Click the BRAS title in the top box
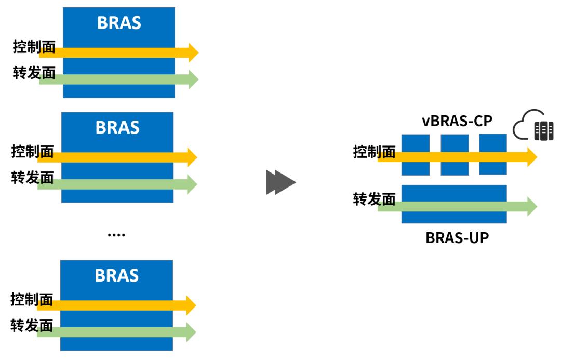click(x=119, y=23)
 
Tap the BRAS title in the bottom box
click(x=117, y=275)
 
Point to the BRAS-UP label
click(x=457, y=238)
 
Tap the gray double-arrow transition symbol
click(x=280, y=183)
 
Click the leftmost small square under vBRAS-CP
click(x=415, y=154)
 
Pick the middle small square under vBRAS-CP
click(x=455, y=154)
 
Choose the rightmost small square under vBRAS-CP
click(x=492, y=154)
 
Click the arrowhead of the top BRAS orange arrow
click(x=193, y=52)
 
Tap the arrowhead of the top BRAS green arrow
click(x=193, y=79)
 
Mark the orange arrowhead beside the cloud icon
click(x=531, y=156)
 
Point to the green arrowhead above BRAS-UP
click(x=531, y=206)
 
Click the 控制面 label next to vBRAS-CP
click(x=374, y=152)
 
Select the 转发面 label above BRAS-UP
click(x=374, y=199)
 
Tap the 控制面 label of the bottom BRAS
click(x=32, y=300)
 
